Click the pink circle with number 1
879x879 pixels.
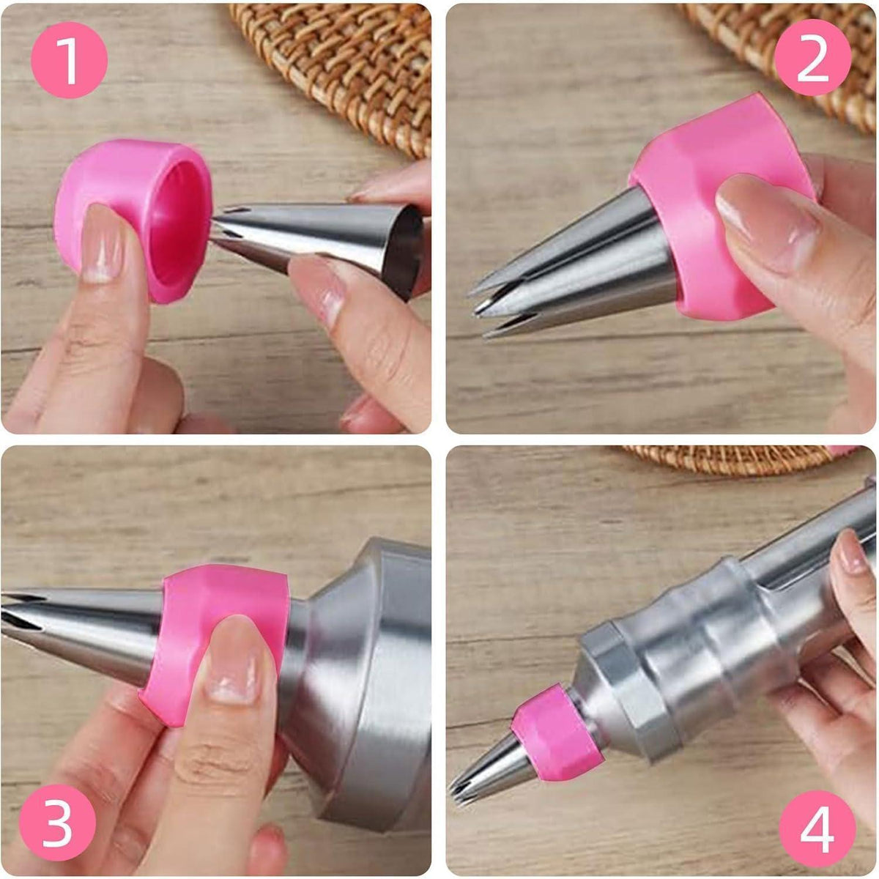point(70,60)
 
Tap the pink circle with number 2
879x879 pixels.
point(813,57)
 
